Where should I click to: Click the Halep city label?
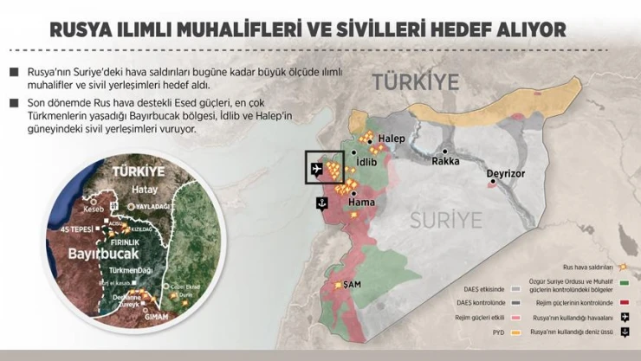click(x=393, y=139)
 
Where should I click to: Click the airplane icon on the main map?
click(x=322, y=167)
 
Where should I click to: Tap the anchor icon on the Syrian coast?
click(x=320, y=203)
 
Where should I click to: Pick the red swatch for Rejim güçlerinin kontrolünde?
click(x=623, y=302)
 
